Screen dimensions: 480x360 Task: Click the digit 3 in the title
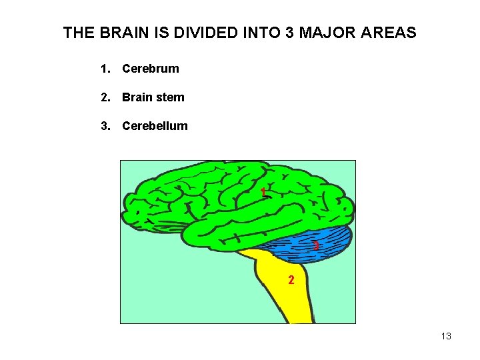(x=289, y=32)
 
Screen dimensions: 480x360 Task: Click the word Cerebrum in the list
(x=151, y=68)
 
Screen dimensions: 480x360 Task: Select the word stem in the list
(x=170, y=97)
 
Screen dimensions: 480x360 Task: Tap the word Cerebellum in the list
(x=155, y=126)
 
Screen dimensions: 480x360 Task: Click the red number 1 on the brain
(x=264, y=193)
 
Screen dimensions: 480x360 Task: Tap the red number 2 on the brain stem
(x=291, y=280)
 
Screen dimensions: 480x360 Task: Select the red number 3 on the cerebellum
(x=316, y=246)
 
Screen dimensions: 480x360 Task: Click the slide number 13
(x=446, y=336)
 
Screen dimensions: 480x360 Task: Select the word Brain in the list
(x=138, y=97)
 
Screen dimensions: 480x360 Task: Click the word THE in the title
(x=78, y=32)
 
